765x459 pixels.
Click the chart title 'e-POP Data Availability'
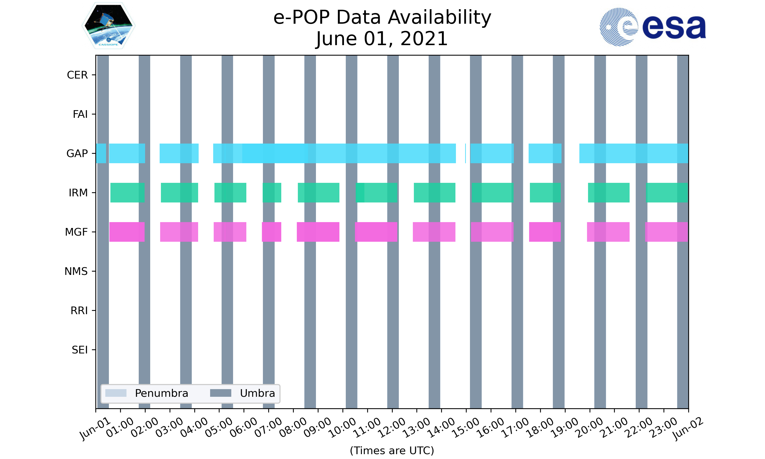[382, 17]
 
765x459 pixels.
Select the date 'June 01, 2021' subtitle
[382, 39]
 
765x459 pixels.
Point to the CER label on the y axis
[77, 75]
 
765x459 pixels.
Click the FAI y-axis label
[80, 114]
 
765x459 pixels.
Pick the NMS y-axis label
[76, 272]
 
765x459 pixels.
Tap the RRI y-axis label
[79, 311]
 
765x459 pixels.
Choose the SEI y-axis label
[80, 350]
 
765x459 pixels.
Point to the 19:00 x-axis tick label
[565, 428]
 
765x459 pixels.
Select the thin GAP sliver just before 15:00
[465, 154]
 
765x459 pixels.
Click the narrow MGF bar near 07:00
[272, 232]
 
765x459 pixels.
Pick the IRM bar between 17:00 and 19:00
[545, 193]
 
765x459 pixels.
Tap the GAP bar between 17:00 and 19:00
[545, 154]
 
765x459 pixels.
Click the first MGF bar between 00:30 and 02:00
[127, 232]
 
